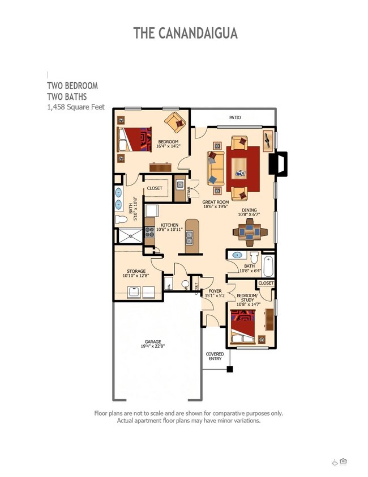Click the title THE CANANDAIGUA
(185, 33)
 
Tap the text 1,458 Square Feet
(75, 107)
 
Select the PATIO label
(235, 117)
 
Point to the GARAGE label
(153, 342)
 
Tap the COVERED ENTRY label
(215, 356)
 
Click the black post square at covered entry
(230, 369)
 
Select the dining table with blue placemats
(250, 231)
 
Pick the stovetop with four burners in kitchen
(150, 232)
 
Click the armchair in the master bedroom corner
(175, 121)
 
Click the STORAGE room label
(136, 271)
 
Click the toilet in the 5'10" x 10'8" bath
(121, 220)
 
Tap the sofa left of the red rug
(215, 168)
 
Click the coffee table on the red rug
(241, 166)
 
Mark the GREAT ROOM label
(216, 202)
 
